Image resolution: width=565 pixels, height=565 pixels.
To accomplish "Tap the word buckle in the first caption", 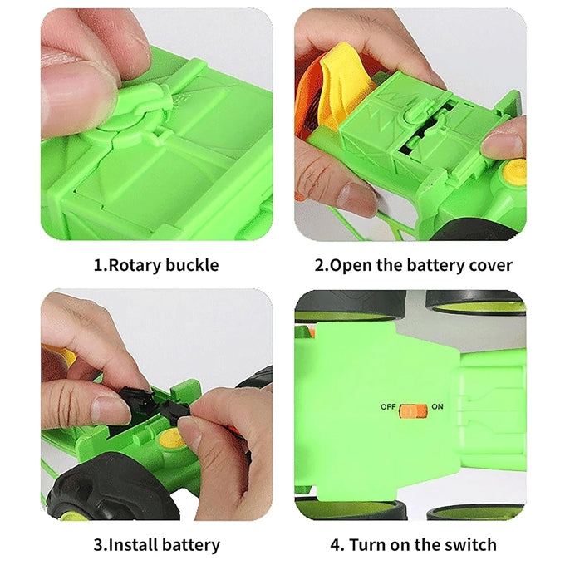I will coord(191,266).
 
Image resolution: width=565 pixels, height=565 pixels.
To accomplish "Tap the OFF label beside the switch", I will coord(388,407).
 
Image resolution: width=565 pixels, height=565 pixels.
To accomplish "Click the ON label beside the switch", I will coord(439,407).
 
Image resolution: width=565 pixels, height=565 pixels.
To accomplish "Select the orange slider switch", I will coord(413,409).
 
